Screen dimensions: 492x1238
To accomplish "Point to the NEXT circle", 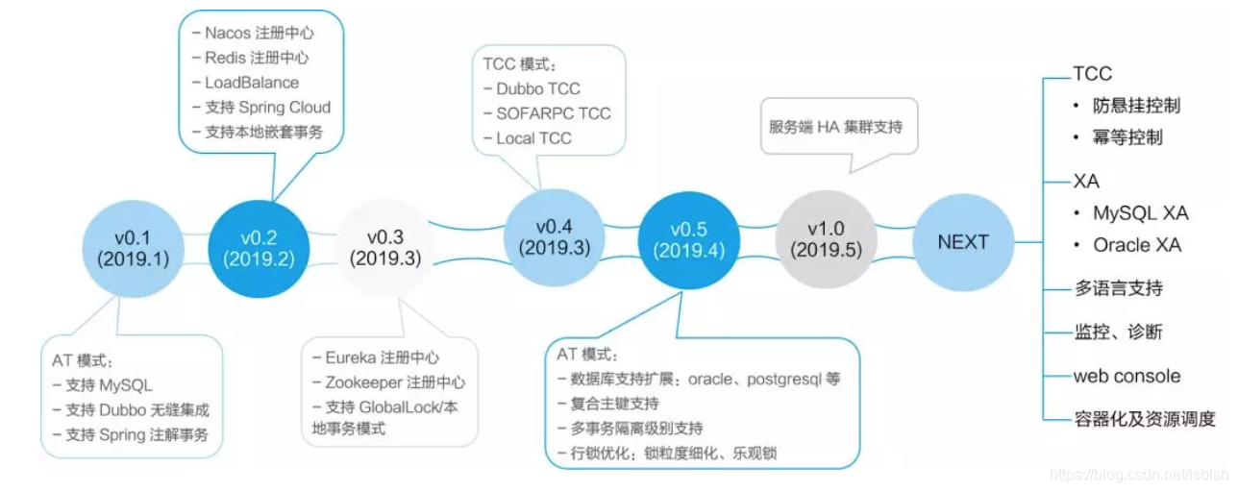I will (962, 242).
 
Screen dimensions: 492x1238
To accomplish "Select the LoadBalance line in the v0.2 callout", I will (251, 83).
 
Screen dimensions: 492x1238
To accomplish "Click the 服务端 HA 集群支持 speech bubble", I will (835, 127).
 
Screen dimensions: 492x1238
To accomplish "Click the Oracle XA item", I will (1135, 245).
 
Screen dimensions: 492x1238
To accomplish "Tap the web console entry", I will (1127, 376).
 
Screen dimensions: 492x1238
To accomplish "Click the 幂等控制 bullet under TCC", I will (1127, 137).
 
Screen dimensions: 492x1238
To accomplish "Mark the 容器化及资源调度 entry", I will (1144, 419).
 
